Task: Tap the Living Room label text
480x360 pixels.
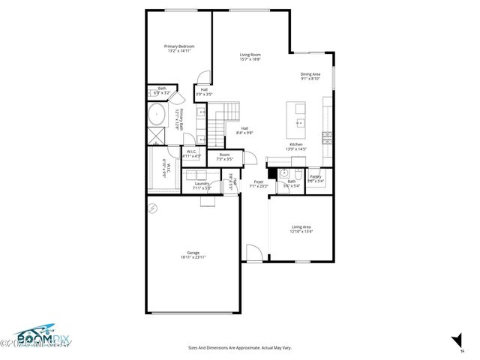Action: tap(250, 55)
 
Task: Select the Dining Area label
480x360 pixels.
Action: tap(310, 73)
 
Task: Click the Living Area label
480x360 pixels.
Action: tap(301, 227)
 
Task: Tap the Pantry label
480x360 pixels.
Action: tap(315, 176)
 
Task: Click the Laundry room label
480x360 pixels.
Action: tap(202, 183)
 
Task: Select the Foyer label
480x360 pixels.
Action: tap(258, 181)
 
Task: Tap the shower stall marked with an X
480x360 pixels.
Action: tap(155, 136)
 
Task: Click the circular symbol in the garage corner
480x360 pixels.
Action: tap(151, 207)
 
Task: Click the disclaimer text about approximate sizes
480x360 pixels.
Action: tap(239, 347)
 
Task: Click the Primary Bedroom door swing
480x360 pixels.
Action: tap(201, 76)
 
